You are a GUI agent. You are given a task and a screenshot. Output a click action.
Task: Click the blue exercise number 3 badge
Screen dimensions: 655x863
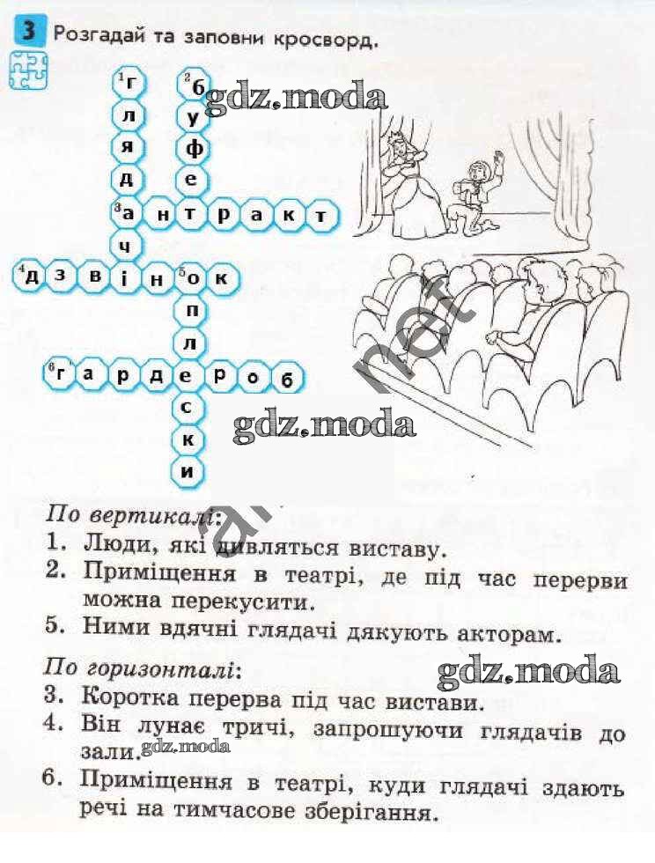[x=28, y=32]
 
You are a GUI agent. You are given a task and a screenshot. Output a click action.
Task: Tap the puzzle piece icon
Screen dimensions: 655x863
[x=28, y=70]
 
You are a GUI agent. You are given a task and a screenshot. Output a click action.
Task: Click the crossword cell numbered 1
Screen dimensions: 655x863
[x=128, y=85]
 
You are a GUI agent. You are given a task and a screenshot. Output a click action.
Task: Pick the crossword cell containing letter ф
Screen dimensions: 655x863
[x=192, y=149]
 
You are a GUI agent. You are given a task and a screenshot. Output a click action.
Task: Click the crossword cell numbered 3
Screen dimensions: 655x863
[x=128, y=213]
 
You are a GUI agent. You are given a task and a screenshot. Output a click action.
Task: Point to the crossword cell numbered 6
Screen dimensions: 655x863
[x=60, y=374]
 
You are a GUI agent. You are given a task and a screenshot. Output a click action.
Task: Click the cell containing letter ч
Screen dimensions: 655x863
[x=128, y=246]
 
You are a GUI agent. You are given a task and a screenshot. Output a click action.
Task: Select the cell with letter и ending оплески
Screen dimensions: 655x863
[x=188, y=471]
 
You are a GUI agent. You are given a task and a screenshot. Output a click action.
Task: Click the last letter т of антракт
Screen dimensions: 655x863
[x=320, y=216]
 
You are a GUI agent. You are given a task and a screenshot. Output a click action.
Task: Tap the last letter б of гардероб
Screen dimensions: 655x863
[x=286, y=378]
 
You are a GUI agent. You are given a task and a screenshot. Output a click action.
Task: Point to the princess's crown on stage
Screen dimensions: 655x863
[x=397, y=134]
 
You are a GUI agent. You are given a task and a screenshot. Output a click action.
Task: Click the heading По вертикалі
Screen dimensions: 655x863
[x=133, y=515]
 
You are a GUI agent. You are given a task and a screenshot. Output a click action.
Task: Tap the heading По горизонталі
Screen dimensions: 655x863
[x=143, y=668]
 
